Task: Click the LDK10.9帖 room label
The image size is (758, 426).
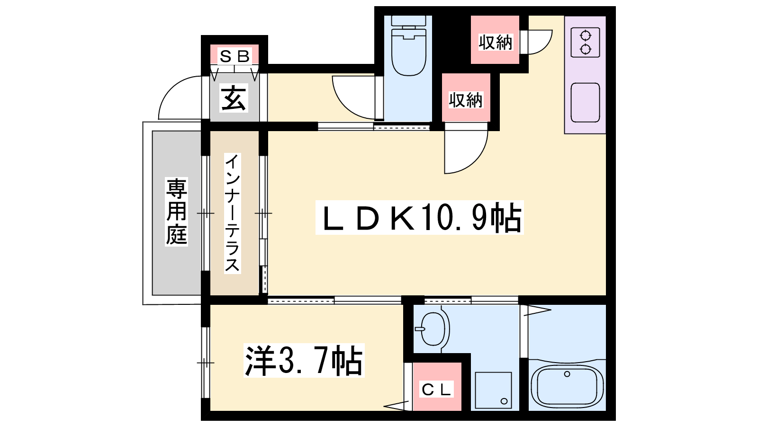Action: tap(420, 217)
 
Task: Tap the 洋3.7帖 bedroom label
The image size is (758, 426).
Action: tap(304, 360)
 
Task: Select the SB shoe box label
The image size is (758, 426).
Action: tap(234, 56)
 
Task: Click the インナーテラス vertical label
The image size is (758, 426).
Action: tap(232, 213)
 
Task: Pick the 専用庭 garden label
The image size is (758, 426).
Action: tap(176, 212)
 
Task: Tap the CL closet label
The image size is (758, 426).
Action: tap(436, 390)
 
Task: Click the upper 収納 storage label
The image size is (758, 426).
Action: tap(495, 42)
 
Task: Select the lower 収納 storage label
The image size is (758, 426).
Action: tap(466, 100)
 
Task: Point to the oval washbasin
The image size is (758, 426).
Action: tap(433, 329)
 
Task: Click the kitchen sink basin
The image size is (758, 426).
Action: tap(585, 102)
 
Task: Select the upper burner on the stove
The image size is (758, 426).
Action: tap(585, 35)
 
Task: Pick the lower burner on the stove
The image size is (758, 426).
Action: tap(585, 49)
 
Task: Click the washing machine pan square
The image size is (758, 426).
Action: tap(493, 390)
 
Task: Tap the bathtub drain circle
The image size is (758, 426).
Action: tap(567, 374)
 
